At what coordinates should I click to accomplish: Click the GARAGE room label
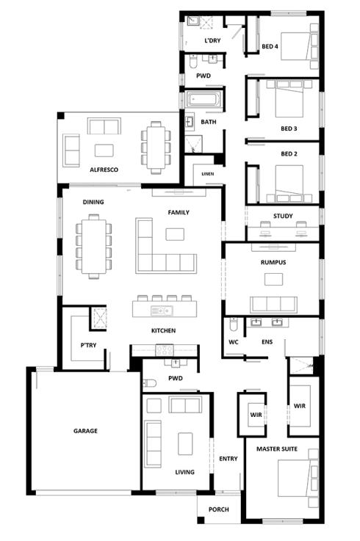(x=85, y=431)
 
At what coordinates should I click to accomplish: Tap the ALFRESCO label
(x=104, y=170)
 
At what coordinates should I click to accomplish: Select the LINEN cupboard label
(x=208, y=174)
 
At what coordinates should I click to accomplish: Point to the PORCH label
(x=219, y=509)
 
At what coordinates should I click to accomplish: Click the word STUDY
(x=283, y=216)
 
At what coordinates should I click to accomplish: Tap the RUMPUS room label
(x=273, y=262)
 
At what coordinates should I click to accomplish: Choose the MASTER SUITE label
(x=277, y=449)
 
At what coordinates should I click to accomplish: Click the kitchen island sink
(x=162, y=311)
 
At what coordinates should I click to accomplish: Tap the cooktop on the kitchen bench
(x=165, y=350)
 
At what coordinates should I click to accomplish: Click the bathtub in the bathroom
(x=204, y=99)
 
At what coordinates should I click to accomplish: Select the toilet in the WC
(x=234, y=324)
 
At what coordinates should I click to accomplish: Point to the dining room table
(x=93, y=247)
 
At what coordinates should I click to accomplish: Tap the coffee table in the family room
(x=175, y=234)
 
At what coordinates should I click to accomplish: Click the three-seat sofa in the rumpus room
(x=273, y=305)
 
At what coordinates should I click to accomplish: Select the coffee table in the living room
(x=185, y=443)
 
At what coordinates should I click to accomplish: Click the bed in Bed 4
(x=299, y=46)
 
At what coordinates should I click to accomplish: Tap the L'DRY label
(x=212, y=40)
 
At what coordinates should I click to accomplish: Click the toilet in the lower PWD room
(x=149, y=383)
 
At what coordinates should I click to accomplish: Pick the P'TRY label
(x=88, y=345)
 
